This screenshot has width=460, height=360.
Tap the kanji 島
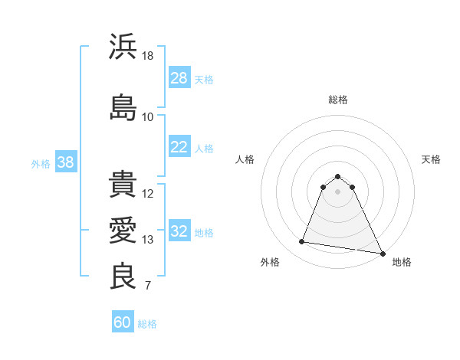click(123, 106)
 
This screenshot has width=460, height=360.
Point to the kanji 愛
click(123, 231)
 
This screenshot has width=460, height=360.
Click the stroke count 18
click(148, 56)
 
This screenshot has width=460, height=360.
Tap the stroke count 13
click(148, 240)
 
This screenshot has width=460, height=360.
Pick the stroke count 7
click(148, 287)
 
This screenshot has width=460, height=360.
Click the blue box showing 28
click(179, 78)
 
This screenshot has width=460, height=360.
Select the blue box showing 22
click(179, 147)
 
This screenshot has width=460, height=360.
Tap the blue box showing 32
click(179, 232)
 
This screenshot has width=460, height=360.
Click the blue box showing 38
click(65, 162)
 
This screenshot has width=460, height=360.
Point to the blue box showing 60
click(123, 322)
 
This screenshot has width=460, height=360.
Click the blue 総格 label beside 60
click(147, 324)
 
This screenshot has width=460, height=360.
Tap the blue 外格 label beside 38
click(41, 163)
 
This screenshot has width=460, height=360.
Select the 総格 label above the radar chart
click(337, 100)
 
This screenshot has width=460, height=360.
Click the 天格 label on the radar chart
click(432, 159)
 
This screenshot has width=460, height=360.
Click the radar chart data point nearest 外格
click(301, 242)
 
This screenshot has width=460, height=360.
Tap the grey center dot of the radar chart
click(337, 191)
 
